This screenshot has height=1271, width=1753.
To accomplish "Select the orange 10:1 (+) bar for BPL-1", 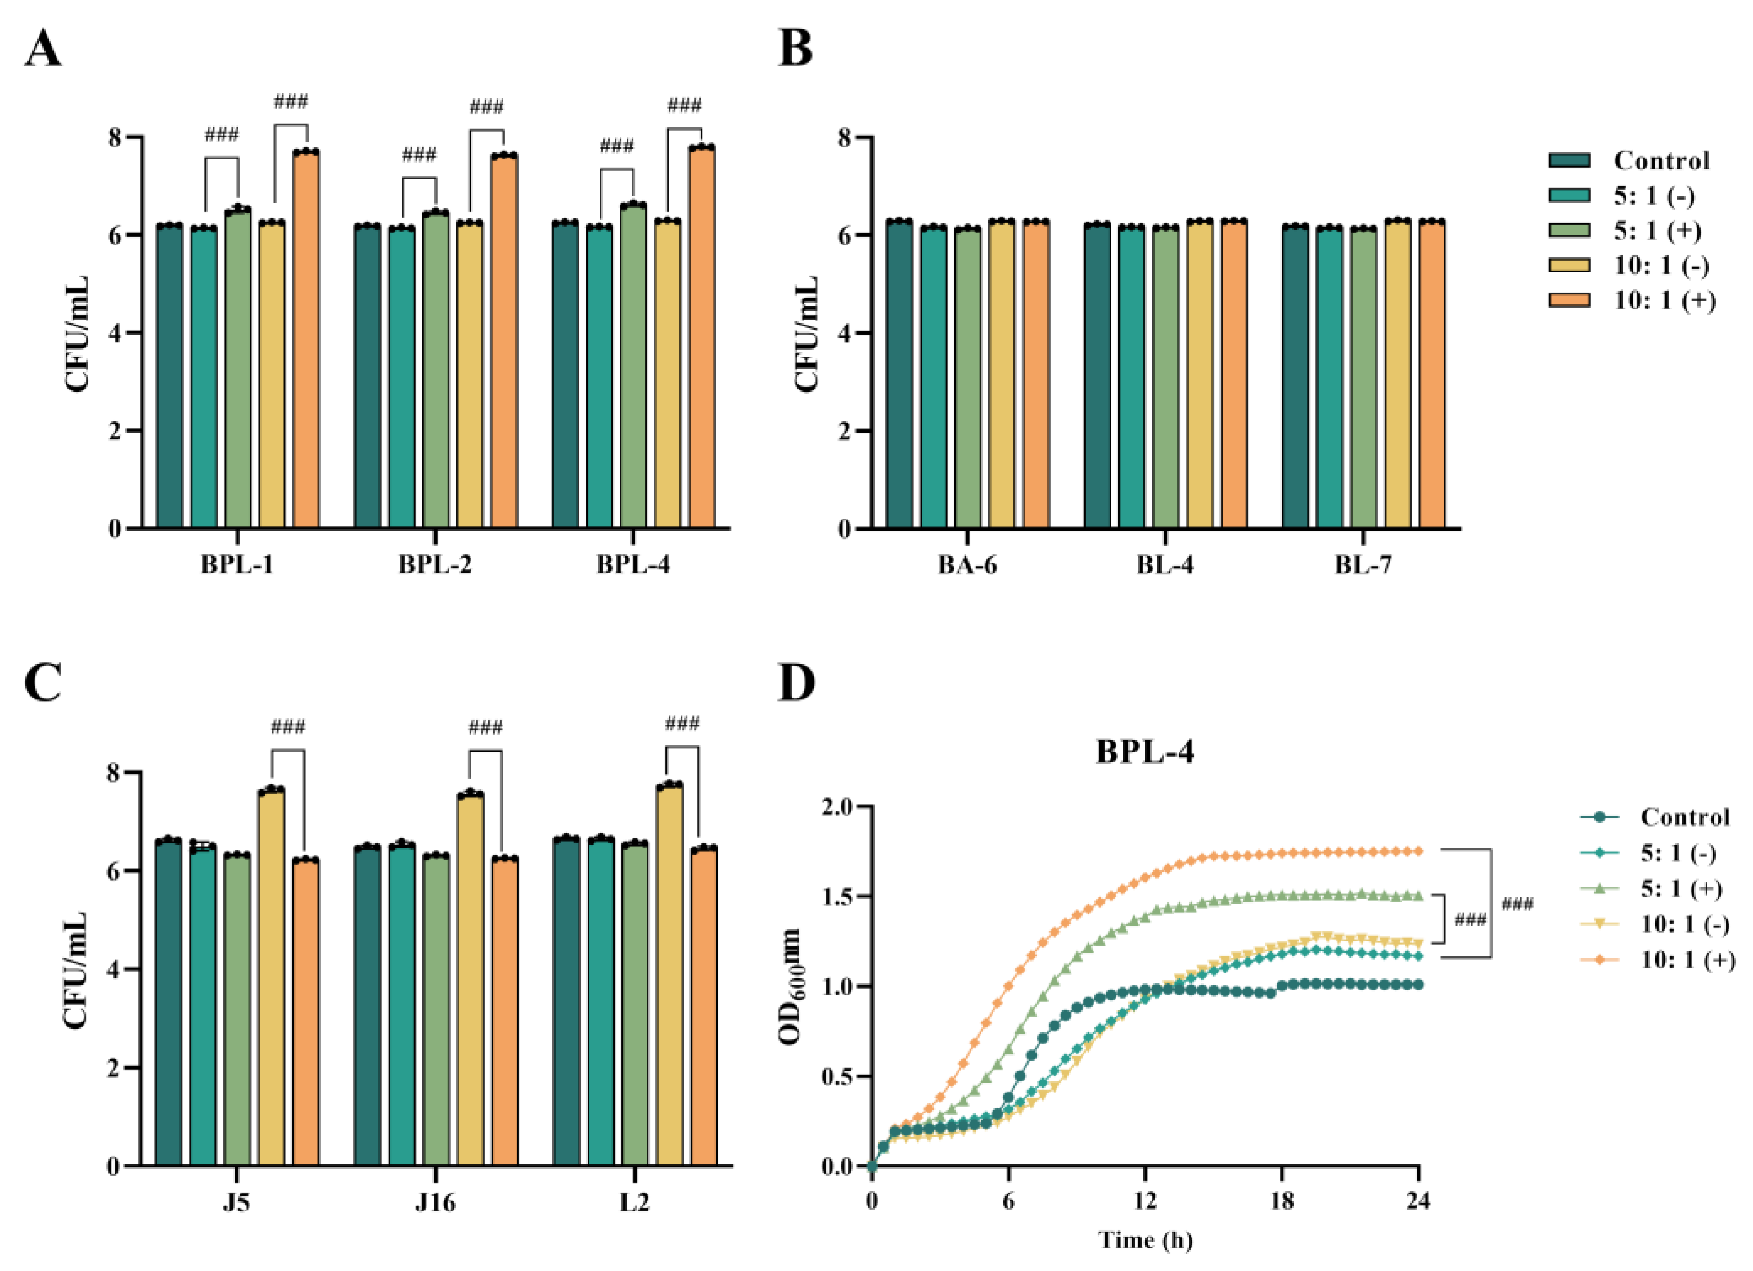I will [x=306, y=340].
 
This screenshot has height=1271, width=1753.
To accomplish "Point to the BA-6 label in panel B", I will [x=967, y=565].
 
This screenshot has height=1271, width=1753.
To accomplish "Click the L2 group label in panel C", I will [x=634, y=1203].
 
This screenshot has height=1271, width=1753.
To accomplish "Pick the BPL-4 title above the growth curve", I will [x=1144, y=752].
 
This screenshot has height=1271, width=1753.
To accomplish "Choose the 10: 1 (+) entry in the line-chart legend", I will [x=1687, y=960].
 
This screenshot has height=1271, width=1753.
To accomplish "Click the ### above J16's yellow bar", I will [x=485, y=727].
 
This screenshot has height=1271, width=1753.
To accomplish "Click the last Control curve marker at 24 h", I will [x=1418, y=984].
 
